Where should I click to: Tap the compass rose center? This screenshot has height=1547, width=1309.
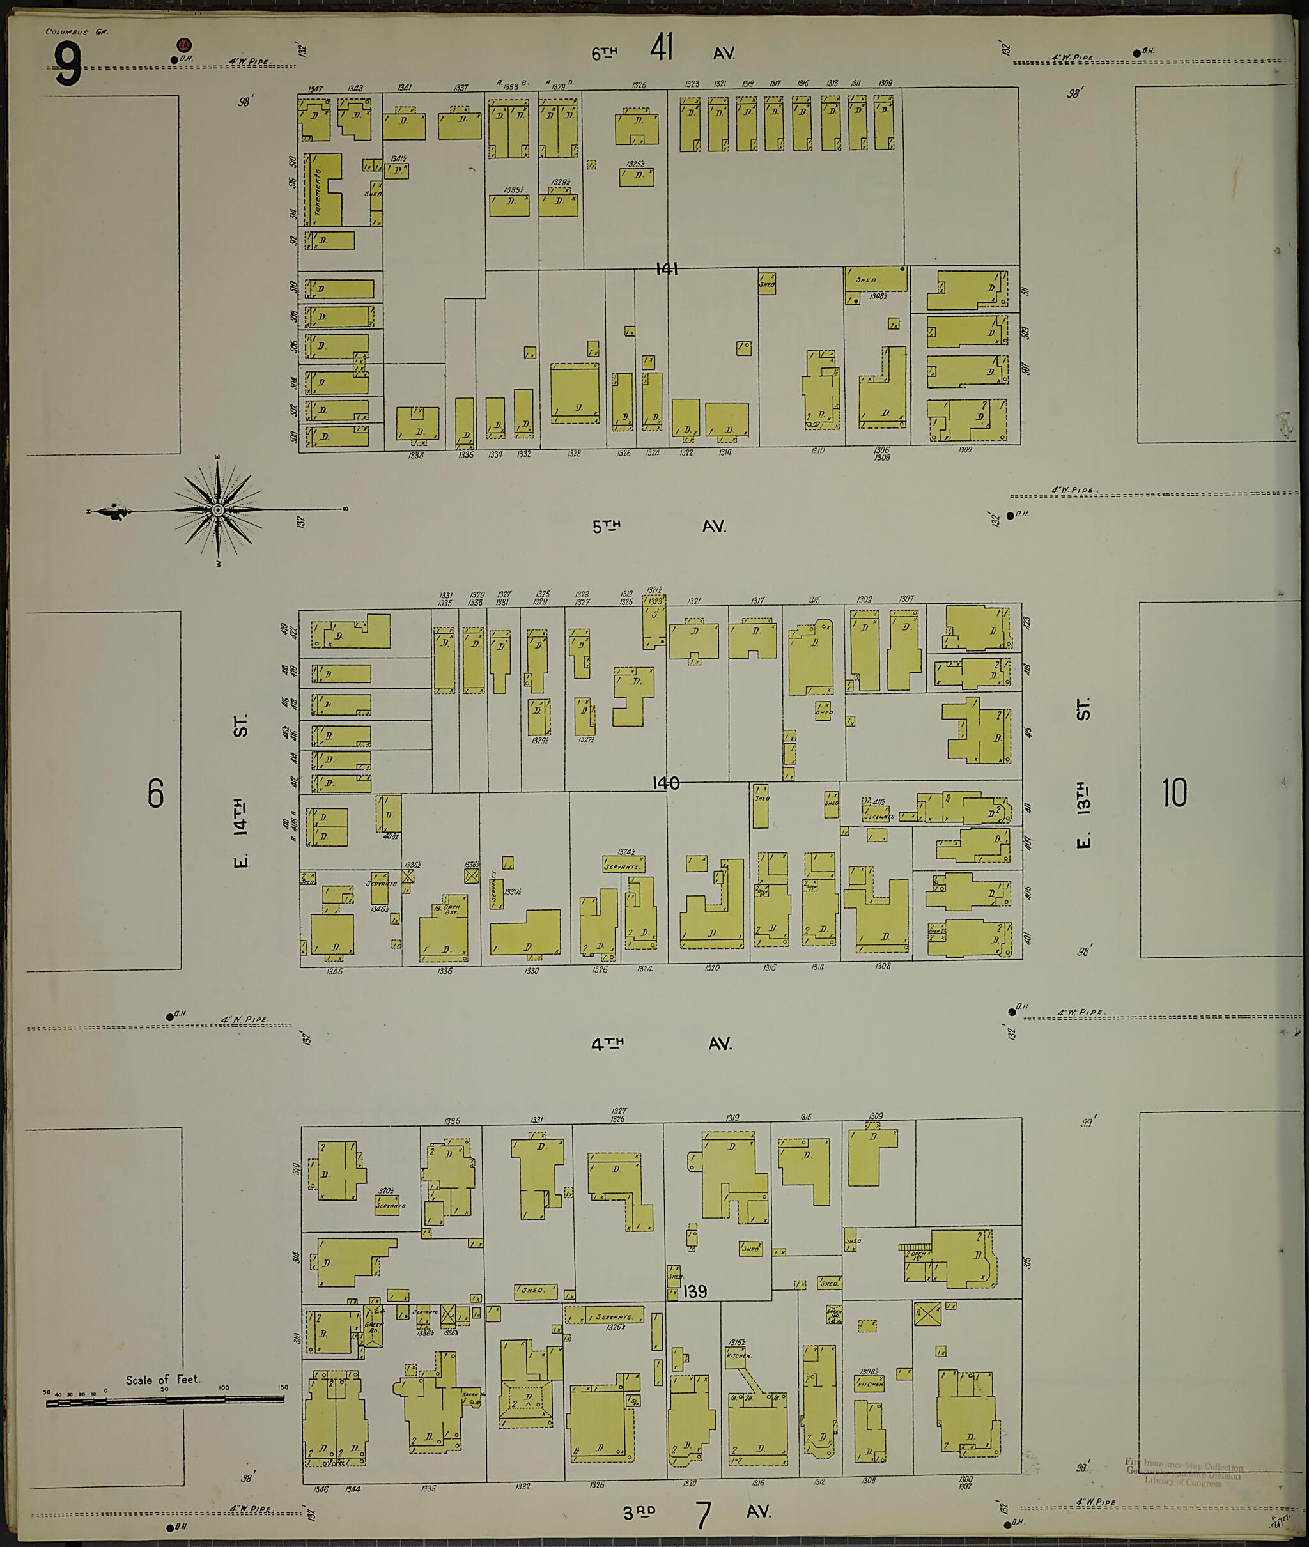218,510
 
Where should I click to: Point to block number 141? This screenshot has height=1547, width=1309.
667,269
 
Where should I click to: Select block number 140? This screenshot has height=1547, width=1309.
665,783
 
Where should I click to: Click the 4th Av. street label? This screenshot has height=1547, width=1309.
660,1044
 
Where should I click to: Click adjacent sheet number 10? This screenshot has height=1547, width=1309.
1175,792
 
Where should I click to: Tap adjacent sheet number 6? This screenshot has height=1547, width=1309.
155,794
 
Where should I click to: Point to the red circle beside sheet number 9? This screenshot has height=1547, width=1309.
182,45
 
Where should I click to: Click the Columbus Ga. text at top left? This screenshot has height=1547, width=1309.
66,32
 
